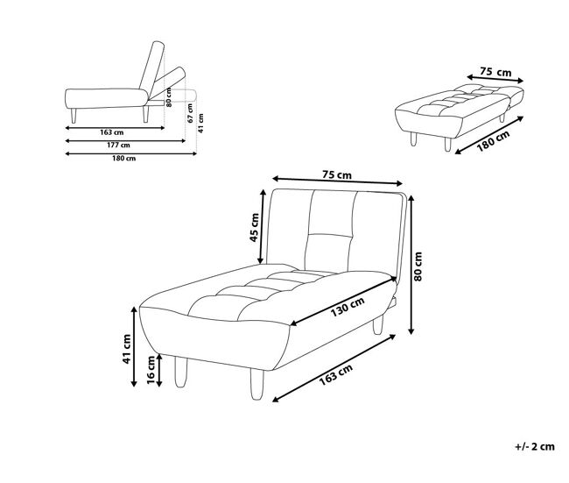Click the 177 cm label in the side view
118,145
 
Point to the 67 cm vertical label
190,113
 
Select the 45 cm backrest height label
255,228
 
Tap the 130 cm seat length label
348,307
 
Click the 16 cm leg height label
151,370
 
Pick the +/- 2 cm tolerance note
535,446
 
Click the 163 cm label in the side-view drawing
112,132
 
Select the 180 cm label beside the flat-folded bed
493,140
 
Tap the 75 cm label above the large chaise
337,174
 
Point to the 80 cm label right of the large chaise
418,266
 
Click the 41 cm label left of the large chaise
127,349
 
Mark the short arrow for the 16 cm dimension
159,370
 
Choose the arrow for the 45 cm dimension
262,226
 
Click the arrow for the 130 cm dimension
343,301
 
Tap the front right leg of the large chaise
257,384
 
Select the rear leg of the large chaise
378,324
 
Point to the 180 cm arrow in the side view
131,153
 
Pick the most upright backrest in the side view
151,66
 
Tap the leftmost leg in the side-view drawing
74,116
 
